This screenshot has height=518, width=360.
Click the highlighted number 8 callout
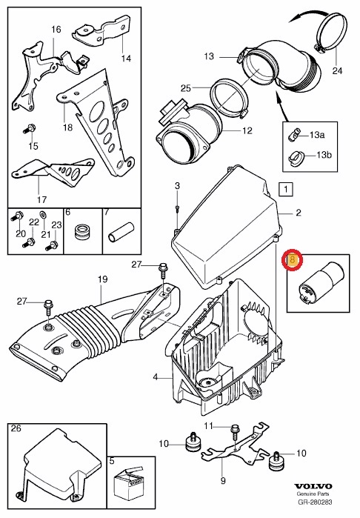(292, 260)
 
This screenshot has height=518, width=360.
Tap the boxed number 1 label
(285, 190)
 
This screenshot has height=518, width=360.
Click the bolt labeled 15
(31, 128)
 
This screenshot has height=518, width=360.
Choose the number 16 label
(56, 29)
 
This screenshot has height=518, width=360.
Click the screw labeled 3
(178, 210)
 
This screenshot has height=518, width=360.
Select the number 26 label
(16, 428)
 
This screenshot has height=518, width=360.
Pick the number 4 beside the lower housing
(156, 377)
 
